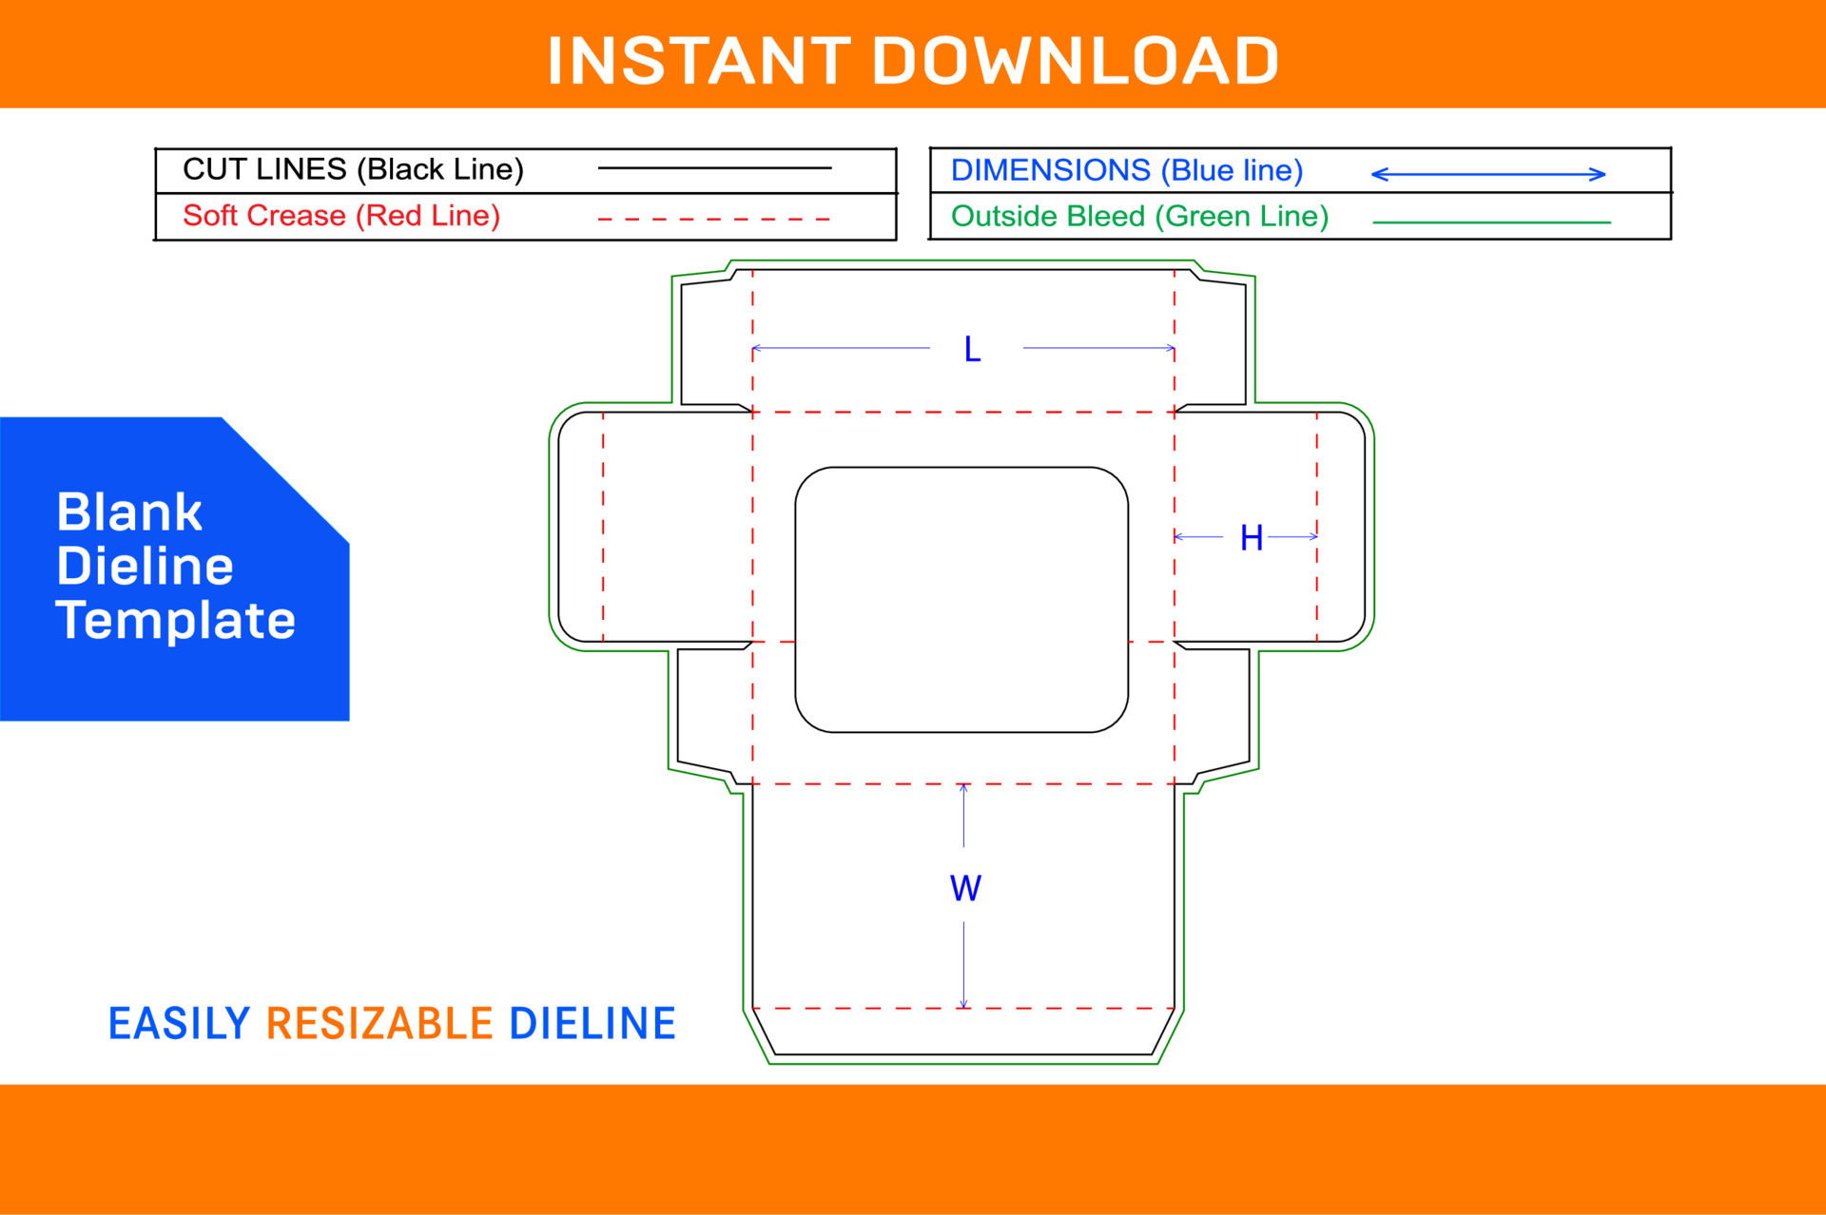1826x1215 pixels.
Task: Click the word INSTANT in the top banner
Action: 699,62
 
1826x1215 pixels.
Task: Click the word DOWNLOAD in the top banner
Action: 1076,62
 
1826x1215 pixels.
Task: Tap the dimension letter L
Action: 972,350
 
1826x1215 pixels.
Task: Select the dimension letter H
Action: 1251,538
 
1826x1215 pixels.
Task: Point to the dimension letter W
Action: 965,888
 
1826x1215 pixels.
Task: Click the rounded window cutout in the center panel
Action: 962,600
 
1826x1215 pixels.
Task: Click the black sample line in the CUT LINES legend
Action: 714,168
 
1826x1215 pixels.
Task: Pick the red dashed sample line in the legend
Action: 714,219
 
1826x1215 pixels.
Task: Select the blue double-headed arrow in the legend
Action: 1487,174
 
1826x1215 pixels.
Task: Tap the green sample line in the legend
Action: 1491,222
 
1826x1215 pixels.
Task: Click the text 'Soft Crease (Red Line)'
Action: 341,216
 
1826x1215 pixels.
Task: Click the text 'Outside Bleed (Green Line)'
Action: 1139,217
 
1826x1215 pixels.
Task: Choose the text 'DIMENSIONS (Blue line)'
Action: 1126,170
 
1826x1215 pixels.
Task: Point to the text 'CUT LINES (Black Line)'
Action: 353,169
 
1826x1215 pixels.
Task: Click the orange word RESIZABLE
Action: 379,1024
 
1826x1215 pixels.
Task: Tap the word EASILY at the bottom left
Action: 179,1024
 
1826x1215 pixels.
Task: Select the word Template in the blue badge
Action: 176,620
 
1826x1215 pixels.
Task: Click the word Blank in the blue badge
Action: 129,512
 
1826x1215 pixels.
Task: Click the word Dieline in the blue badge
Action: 145,567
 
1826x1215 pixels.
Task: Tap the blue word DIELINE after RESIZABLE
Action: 592,1024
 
